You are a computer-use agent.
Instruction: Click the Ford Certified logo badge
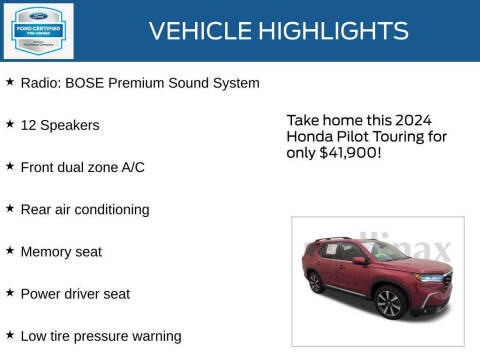point(37,30)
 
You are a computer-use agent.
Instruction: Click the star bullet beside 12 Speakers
point(10,124)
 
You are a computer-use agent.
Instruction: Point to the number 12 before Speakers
point(28,125)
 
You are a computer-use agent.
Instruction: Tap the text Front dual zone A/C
point(82,167)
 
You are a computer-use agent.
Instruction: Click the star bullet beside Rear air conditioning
point(10,208)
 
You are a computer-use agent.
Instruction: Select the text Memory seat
point(61,252)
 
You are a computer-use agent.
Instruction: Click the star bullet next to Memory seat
point(10,250)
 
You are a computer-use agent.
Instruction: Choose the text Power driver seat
point(75,294)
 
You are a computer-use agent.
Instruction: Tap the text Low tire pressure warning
point(100,336)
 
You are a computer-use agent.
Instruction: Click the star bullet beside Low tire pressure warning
point(10,334)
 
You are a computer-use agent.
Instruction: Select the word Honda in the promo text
point(309,136)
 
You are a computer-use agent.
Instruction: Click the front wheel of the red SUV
point(388,301)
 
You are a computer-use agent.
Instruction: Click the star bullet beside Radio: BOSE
point(10,82)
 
